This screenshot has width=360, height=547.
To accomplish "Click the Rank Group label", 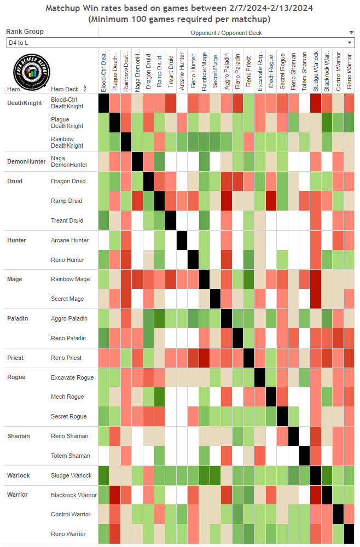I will (x=25, y=32).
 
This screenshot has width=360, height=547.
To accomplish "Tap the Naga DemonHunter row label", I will (x=68, y=161).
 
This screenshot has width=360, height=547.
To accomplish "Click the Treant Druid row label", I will (x=67, y=220).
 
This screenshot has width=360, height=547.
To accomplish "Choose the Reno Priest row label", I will (x=66, y=358).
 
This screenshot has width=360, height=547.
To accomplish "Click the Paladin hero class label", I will (x=18, y=318).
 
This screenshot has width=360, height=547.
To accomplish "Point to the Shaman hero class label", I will (x=18, y=436).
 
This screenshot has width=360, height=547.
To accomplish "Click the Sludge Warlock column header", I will (x=316, y=71).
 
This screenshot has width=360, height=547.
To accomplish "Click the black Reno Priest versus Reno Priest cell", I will (x=249, y=358).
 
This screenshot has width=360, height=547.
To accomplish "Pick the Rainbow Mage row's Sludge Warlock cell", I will (x=316, y=280).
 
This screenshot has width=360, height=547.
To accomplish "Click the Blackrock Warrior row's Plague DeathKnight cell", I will (x=115, y=495).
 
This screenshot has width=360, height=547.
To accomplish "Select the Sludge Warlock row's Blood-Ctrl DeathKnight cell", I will (x=103, y=475).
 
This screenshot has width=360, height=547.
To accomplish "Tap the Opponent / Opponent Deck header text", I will (x=226, y=33).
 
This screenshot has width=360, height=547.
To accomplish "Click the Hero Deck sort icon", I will (x=85, y=89).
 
